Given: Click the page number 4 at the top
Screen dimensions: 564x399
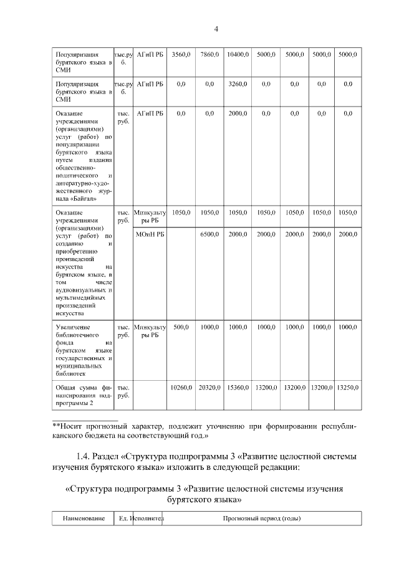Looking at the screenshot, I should coord(216,29).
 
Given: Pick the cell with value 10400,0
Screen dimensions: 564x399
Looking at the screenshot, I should coord(238,55).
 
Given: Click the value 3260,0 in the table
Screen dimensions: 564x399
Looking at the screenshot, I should coord(238,84).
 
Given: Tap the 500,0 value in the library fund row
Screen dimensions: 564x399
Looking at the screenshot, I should coord(181,327).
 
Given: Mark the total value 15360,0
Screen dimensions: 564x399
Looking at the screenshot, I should coord(238,388).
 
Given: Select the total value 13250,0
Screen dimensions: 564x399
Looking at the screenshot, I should coord(347,388).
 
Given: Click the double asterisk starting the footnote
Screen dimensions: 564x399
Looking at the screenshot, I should coord(55,425).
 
